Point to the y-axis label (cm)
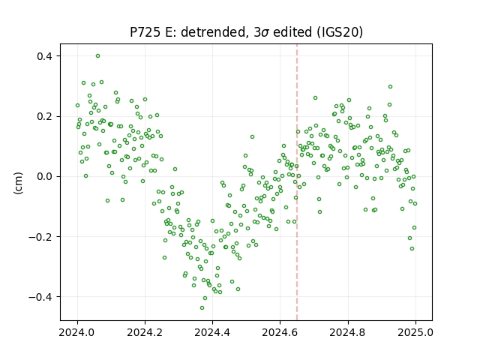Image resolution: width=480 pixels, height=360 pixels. pos(18,183)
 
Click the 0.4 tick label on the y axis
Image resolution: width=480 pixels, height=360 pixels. pos(46,56)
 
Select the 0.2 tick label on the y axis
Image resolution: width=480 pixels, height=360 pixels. pos(46,117)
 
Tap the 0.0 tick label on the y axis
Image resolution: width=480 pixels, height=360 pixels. pos(46,177)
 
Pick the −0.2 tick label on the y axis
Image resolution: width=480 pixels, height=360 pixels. pos(42,237)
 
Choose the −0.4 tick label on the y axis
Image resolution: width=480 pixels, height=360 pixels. pos(42,297)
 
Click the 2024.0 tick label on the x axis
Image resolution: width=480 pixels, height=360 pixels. pos(77,332)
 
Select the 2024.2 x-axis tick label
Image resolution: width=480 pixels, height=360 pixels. pos(145,332)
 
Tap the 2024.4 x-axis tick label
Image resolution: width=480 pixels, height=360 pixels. pos(212,332)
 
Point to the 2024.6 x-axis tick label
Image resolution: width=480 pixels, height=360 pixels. pos(280,332)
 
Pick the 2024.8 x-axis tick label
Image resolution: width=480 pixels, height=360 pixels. pos(347,332)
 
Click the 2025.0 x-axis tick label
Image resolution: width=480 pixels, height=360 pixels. pos(415,332)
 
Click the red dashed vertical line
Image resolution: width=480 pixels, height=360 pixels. pos(297,182)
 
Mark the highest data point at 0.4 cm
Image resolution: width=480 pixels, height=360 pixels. pos(98,56)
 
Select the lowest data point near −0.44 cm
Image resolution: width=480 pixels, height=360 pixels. pos(202,308)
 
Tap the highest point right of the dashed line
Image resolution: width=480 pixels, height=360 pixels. pos(390,87)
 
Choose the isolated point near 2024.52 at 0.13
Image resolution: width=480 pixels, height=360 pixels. pos(252,136)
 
